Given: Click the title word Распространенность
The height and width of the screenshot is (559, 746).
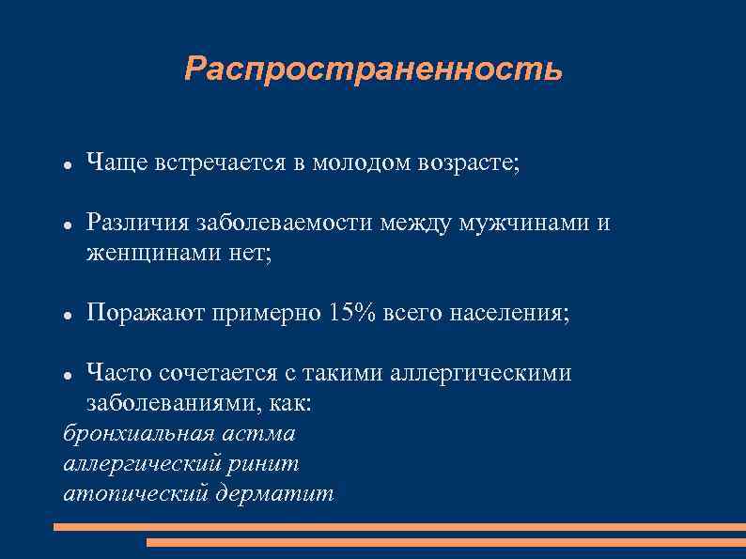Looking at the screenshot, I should point(373,69).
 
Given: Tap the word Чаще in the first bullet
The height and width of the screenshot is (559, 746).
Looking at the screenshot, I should point(112,163).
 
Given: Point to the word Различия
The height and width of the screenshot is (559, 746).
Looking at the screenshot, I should point(137,223).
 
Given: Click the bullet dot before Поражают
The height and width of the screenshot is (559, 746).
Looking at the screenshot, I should point(68,314).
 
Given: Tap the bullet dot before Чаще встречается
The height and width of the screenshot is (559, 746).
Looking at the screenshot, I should point(68,164).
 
